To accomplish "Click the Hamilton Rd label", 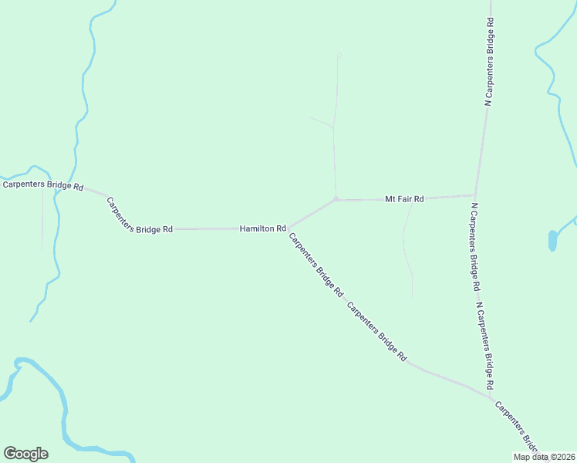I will (263, 228).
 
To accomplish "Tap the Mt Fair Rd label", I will (404, 199).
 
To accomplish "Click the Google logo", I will (25, 454).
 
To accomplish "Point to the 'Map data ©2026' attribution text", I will (544, 457).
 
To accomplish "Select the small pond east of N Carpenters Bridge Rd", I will (552, 240).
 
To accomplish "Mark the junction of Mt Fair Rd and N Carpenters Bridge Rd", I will (474, 195).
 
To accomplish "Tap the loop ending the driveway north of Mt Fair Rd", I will (339, 54).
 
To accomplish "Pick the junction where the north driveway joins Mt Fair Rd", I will (336, 199).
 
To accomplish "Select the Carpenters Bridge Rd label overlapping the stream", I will (42, 184).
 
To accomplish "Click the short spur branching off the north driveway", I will (320, 121).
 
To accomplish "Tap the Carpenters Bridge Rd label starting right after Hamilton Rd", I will (315, 265).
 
